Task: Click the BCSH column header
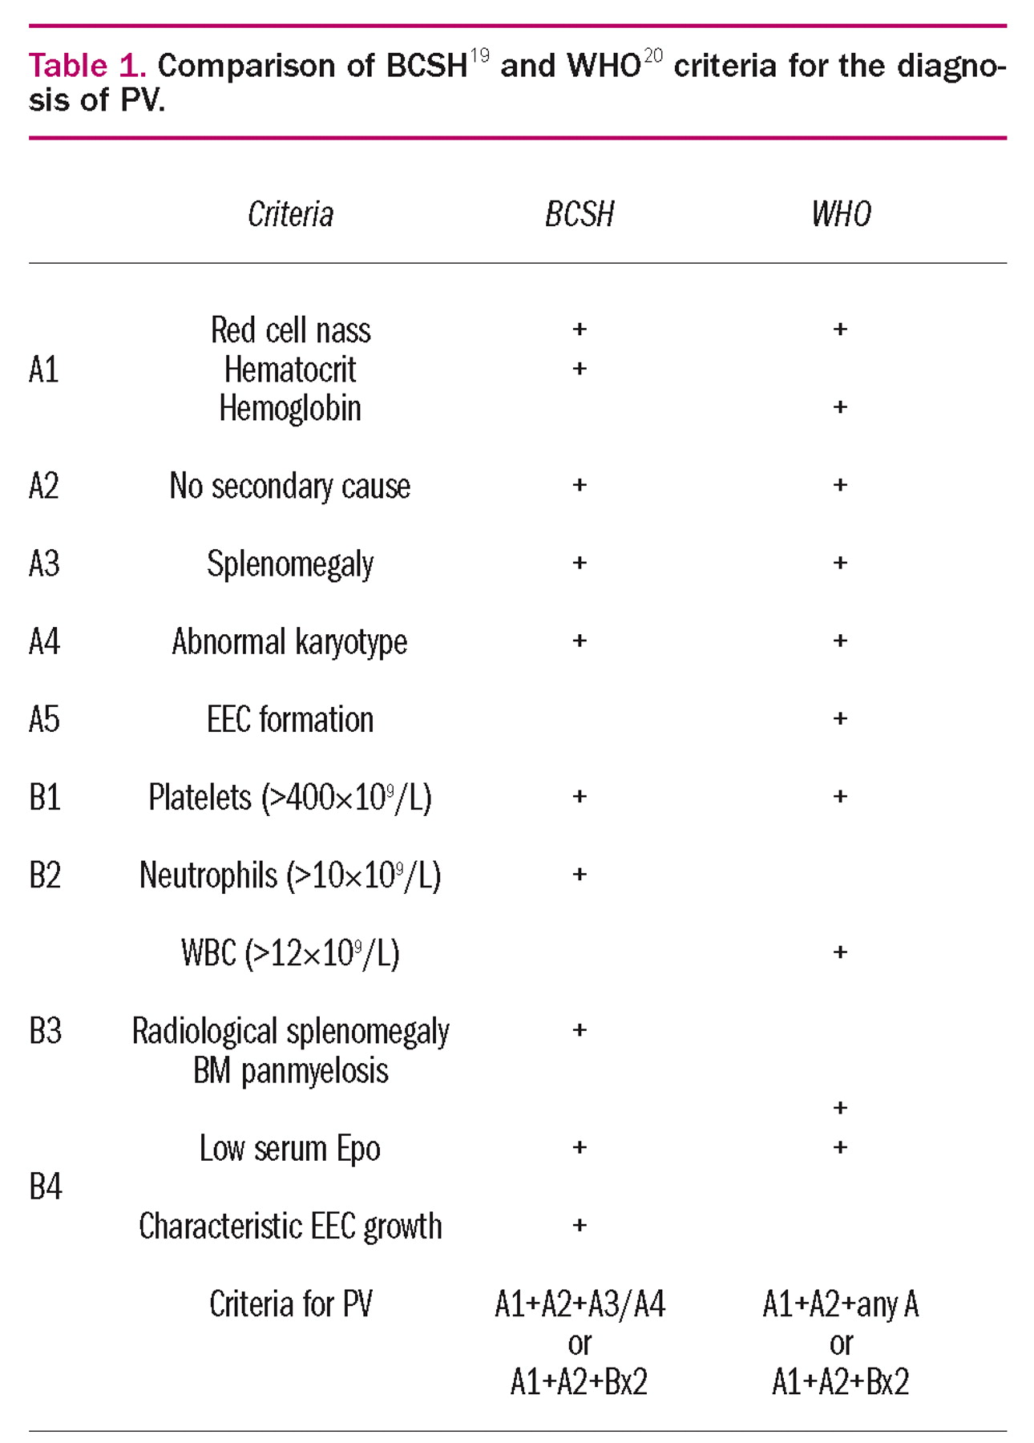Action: coord(579,215)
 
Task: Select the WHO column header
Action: coord(840,215)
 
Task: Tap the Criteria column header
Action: coord(290,215)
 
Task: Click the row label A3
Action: coord(44,564)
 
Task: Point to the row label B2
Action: coord(45,875)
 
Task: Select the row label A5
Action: coord(44,719)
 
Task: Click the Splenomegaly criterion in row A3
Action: coord(290,564)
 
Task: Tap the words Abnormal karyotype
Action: coord(289,642)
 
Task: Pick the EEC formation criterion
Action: coord(290,720)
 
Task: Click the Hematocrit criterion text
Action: coord(290,370)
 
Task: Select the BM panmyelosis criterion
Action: coord(290,1071)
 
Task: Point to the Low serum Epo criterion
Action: coord(289,1149)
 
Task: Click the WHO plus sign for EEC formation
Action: coord(840,718)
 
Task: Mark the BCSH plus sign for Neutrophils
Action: coord(580,874)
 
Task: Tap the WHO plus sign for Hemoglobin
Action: coord(840,407)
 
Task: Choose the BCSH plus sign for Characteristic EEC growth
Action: coord(580,1225)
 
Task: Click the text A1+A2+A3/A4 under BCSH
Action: coord(580,1304)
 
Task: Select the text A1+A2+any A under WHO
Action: coord(840,1304)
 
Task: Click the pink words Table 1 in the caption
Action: coord(87,66)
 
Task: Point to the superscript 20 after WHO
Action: coord(653,56)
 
